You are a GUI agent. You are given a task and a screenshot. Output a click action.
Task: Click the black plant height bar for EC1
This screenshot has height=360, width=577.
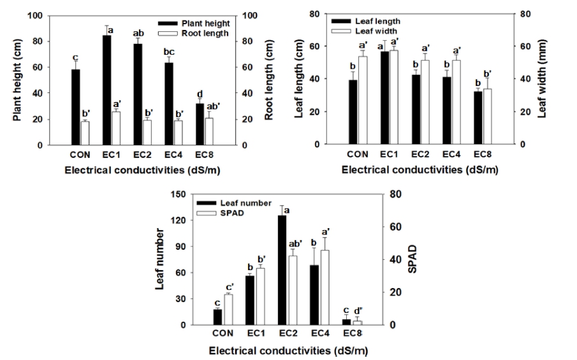107,90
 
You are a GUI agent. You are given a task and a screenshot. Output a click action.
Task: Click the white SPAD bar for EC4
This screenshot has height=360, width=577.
325,287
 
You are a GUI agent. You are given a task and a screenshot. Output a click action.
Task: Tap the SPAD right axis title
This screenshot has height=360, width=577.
411,259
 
